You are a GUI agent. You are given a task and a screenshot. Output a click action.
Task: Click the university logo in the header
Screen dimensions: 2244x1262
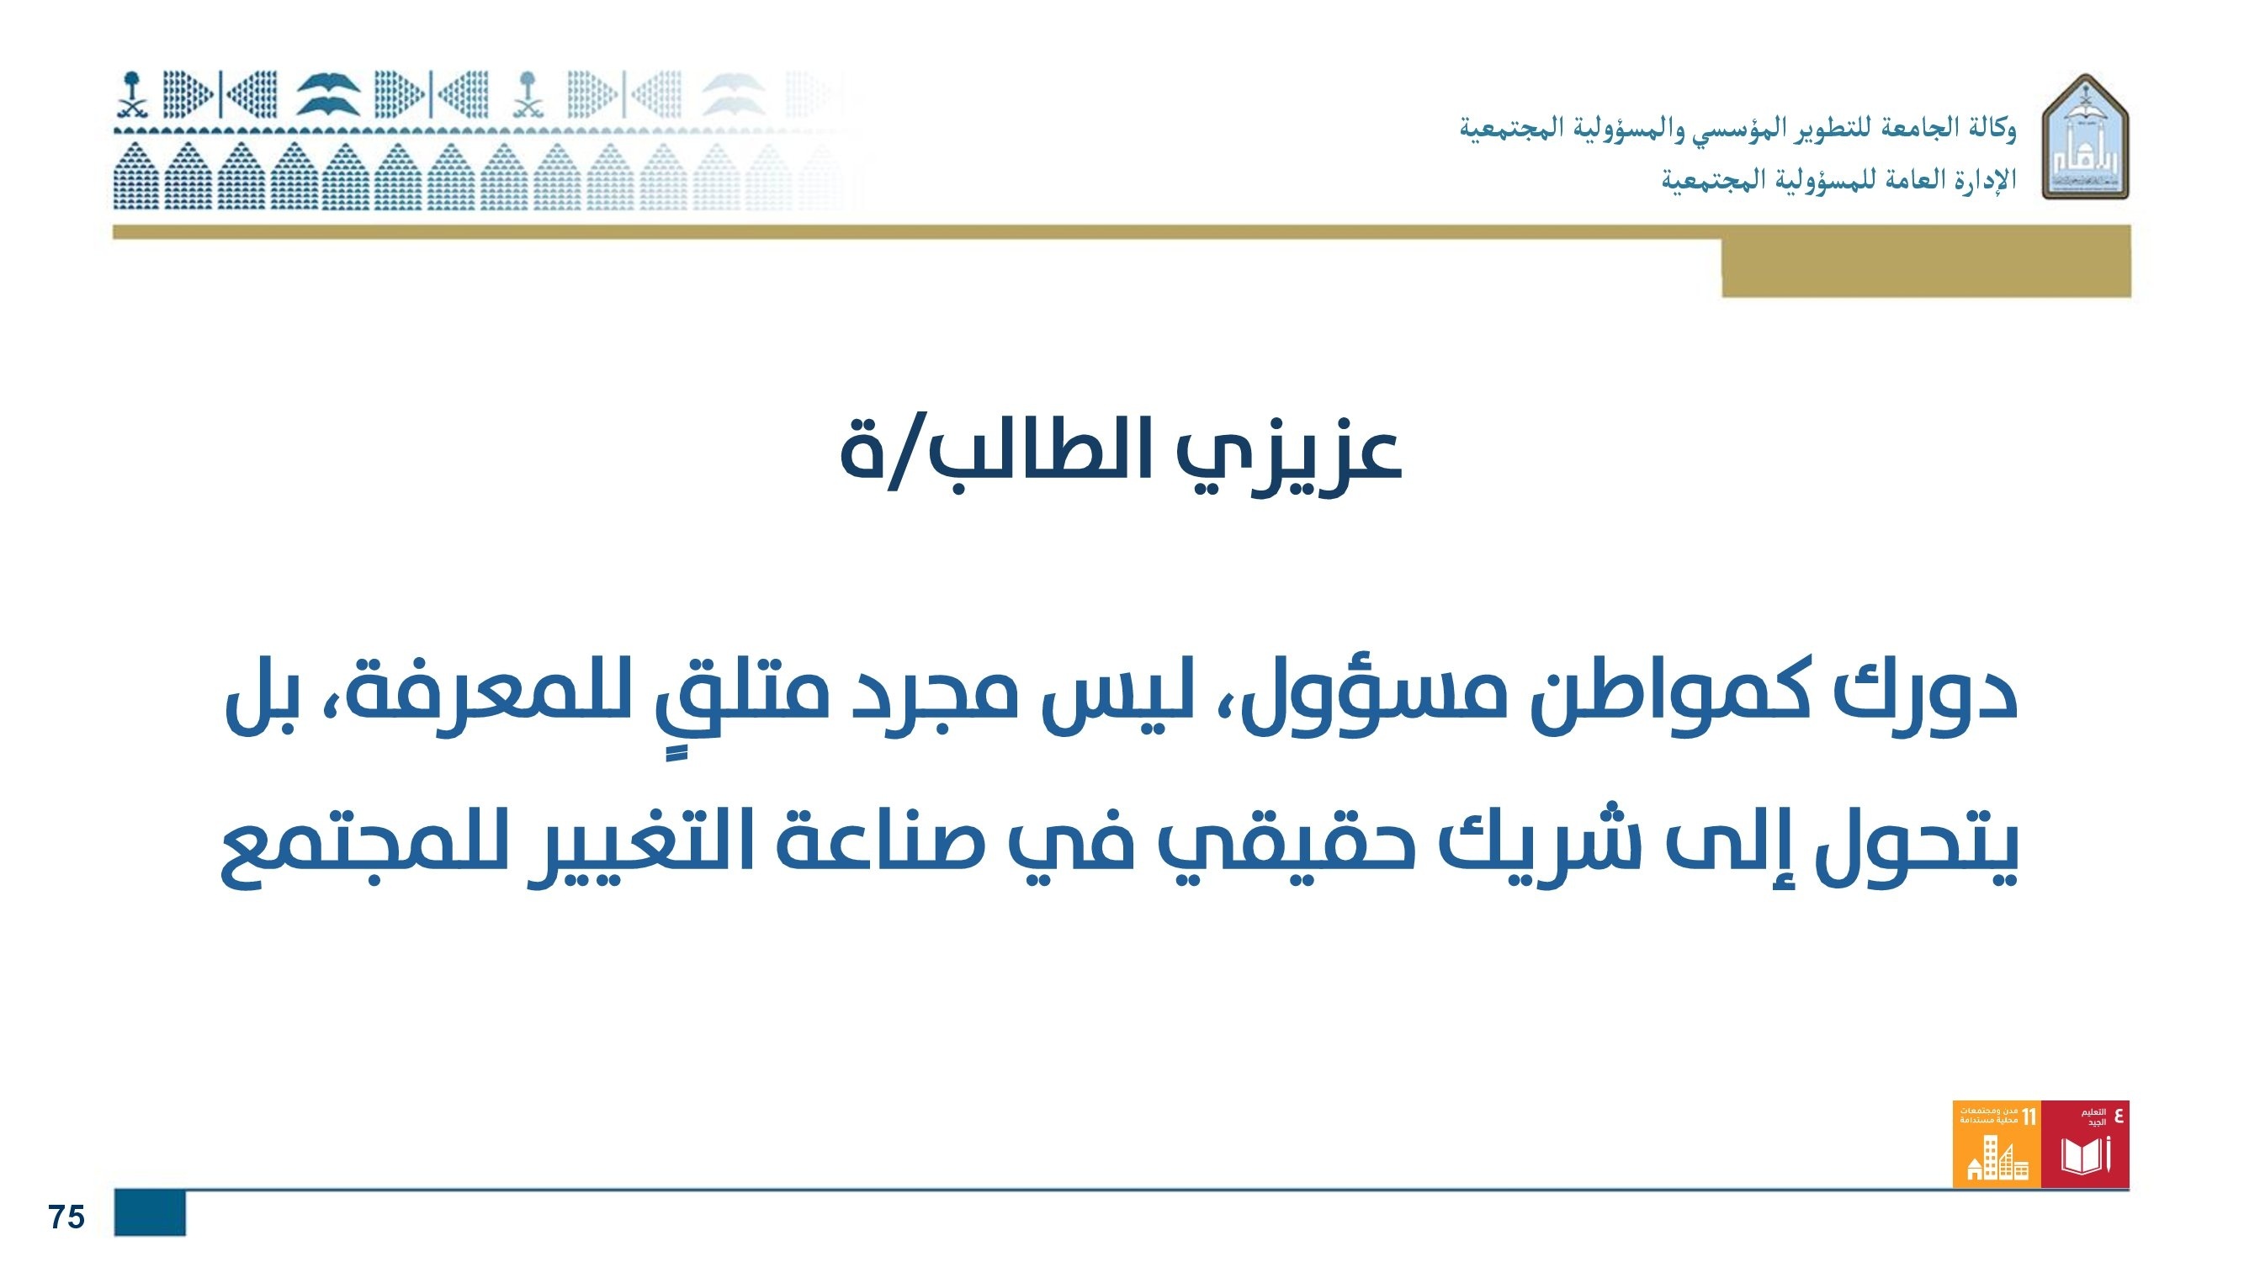pos(2086,137)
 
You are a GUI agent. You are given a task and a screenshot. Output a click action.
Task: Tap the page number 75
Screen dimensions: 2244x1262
pos(66,1217)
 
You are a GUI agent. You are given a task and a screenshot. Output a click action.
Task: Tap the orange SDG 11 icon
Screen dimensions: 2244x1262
pos(1997,1143)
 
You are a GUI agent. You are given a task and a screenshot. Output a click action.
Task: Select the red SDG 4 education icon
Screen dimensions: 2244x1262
pos(2085,1143)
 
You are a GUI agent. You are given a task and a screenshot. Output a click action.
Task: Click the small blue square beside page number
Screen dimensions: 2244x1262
pos(150,1212)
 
